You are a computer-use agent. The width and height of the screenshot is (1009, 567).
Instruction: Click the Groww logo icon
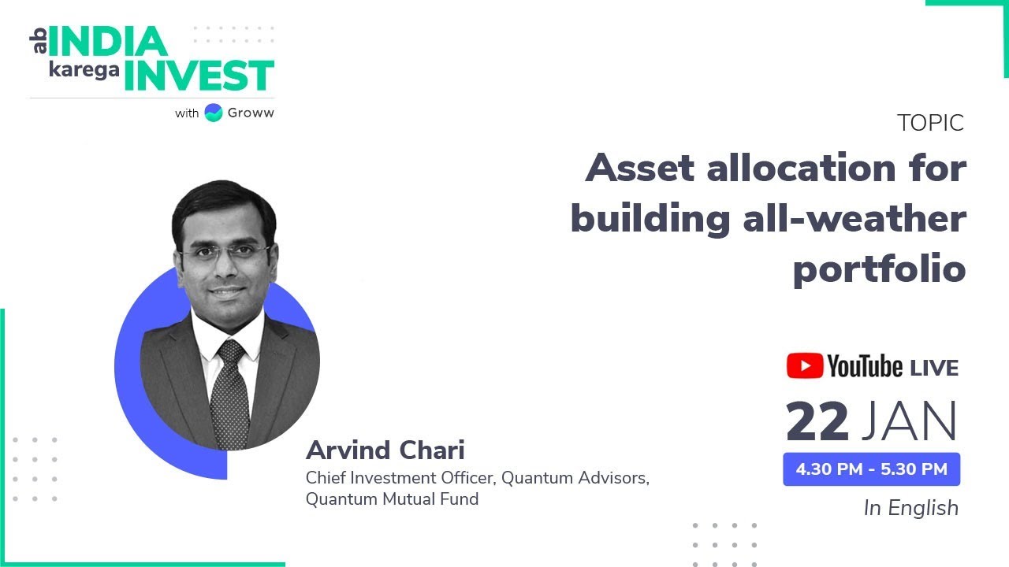tap(213, 113)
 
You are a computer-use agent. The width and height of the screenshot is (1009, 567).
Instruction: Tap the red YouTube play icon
tap(803, 366)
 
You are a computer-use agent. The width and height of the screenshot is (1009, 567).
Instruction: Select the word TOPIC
tap(930, 123)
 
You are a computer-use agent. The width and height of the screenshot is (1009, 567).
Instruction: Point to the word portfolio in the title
tap(879, 269)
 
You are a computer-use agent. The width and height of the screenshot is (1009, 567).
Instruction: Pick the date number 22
tap(817, 422)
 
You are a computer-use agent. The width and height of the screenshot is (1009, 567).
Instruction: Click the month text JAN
tap(909, 422)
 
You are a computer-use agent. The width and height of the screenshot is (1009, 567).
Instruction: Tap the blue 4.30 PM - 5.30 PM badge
tap(871, 469)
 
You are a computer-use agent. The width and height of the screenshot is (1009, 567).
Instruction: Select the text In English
tap(911, 508)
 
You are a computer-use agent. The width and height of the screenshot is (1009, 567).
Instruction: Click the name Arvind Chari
tap(385, 450)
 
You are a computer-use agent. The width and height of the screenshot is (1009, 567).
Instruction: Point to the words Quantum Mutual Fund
tap(392, 498)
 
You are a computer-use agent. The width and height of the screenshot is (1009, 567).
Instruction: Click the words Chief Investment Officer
tap(400, 478)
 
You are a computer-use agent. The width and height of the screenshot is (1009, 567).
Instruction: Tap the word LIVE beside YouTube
tap(934, 368)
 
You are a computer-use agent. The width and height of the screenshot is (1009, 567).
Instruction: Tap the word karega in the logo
tap(84, 69)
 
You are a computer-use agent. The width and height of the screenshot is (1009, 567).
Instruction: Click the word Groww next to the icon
tap(251, 113)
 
